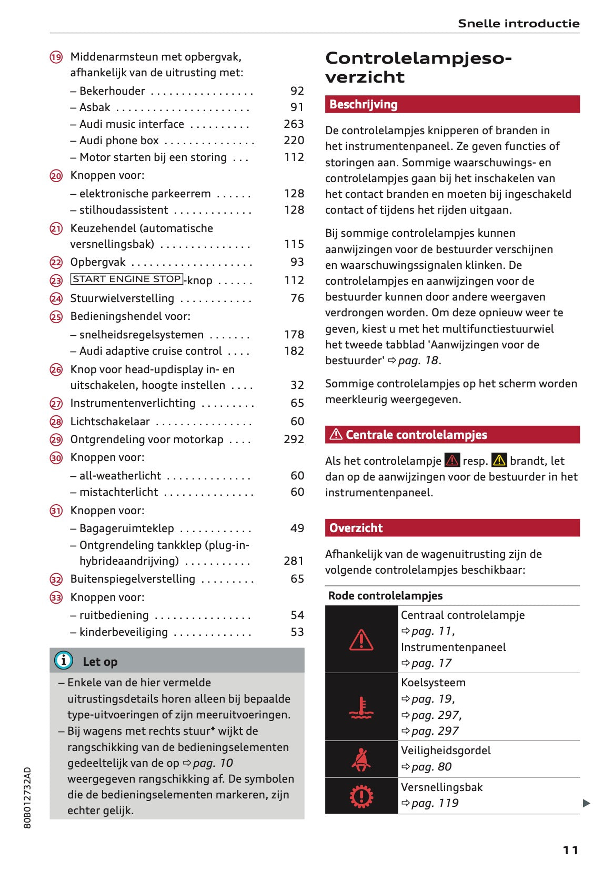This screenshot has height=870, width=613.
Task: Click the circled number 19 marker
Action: pos(56,57)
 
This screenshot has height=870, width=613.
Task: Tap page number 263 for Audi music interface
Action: pos(294,124)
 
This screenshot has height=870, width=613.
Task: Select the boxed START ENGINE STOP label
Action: pos(127,279)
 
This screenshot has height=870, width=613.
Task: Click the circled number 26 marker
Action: pos(56,370)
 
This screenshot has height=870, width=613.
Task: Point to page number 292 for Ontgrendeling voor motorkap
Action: pos(294,439)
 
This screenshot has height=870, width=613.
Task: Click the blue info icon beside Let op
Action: pos(64,660)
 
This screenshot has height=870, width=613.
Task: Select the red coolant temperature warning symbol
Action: pos(361,707)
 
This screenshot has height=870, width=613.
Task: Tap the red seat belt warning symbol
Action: pos(361,759)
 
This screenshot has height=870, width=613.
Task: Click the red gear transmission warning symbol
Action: pos(361,796)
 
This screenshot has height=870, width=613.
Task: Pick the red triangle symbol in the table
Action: pos(361,640)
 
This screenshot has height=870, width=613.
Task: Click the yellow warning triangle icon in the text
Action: pos(499,461)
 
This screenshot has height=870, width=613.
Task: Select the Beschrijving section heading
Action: pos(363,104)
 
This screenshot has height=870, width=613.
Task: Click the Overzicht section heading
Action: pos(356,528)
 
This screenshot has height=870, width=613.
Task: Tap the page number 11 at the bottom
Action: pos(570,850)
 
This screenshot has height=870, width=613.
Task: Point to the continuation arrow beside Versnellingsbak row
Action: pos(586,803)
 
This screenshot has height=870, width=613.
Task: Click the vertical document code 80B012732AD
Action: pos(28,797)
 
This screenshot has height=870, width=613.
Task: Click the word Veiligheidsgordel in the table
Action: pos(446,751)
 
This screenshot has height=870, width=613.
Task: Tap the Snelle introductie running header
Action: pos(518,23)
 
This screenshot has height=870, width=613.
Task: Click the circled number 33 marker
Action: pos(56,598)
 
